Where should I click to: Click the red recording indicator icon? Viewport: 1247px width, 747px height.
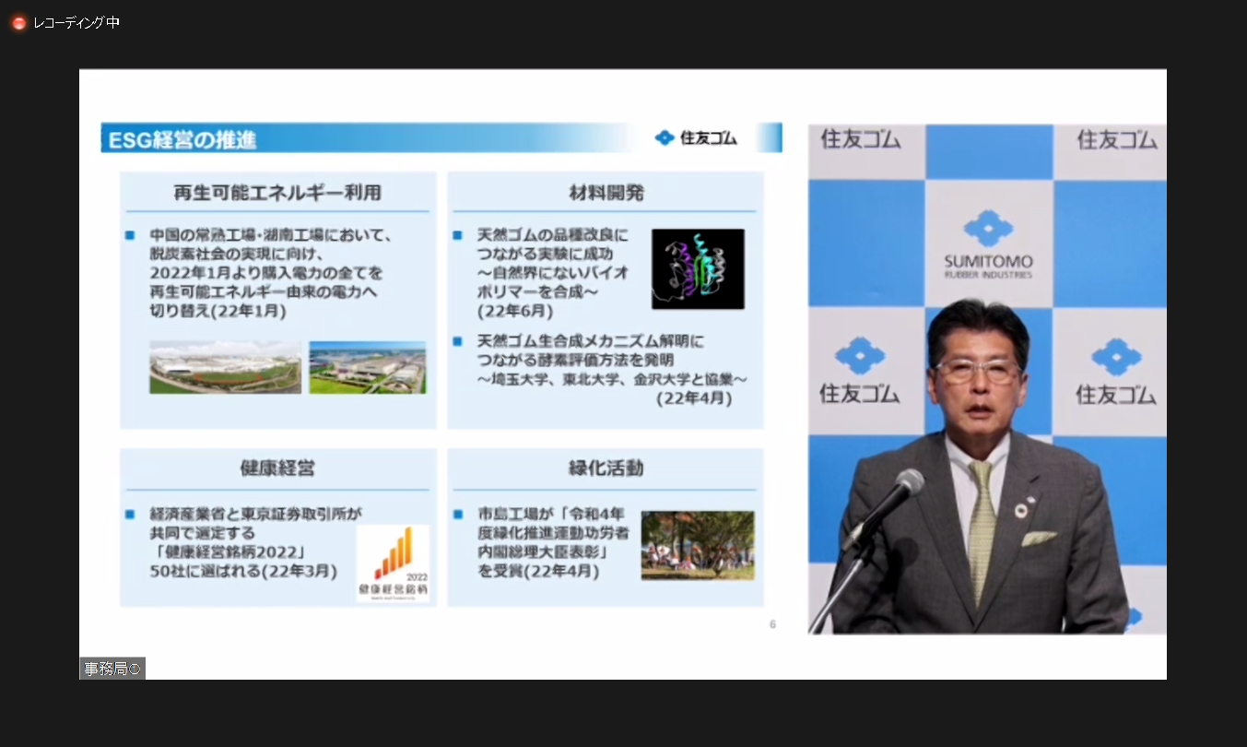tap(18, 23)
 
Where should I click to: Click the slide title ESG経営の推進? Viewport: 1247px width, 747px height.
tap(182, 140)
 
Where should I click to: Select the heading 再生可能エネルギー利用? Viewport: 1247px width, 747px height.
tap(277, 193)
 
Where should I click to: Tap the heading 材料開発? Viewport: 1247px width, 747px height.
tap(606, 193)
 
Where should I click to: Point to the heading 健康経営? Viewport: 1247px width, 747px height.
tap(277, 468)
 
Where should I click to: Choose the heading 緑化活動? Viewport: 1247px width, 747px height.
tap(606, 468)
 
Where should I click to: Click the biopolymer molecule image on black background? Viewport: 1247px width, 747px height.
tap(698, 268)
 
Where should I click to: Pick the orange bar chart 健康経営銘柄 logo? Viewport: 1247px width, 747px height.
tap(393, 563)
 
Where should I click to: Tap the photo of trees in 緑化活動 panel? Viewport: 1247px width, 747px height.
tap(698, 545)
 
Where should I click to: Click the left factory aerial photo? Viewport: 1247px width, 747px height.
tap(225, 367)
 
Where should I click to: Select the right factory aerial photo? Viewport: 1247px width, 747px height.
tap(367, 367)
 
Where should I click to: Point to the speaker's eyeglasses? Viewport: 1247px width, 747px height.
tap(978, 371)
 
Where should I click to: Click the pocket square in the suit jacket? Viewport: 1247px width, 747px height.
tap(1039, 538)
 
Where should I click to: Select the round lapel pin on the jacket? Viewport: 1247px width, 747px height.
tap(1021, 509)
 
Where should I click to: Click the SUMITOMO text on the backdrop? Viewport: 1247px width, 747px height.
tap(988, 262)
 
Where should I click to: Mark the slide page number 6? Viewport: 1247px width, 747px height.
tap(772, 624)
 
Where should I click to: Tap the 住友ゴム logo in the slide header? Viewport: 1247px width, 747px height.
tap(697, 138)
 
